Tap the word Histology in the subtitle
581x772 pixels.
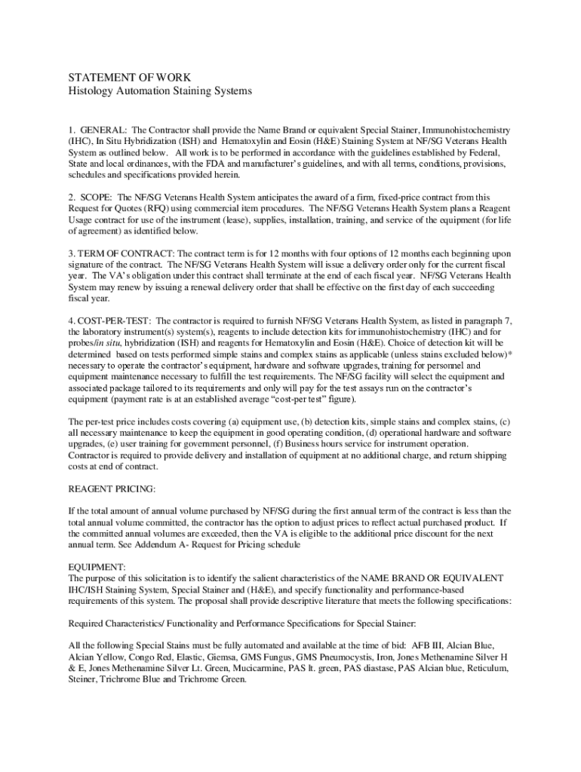click(91, 91)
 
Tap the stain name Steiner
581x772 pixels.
click(82, 679)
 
